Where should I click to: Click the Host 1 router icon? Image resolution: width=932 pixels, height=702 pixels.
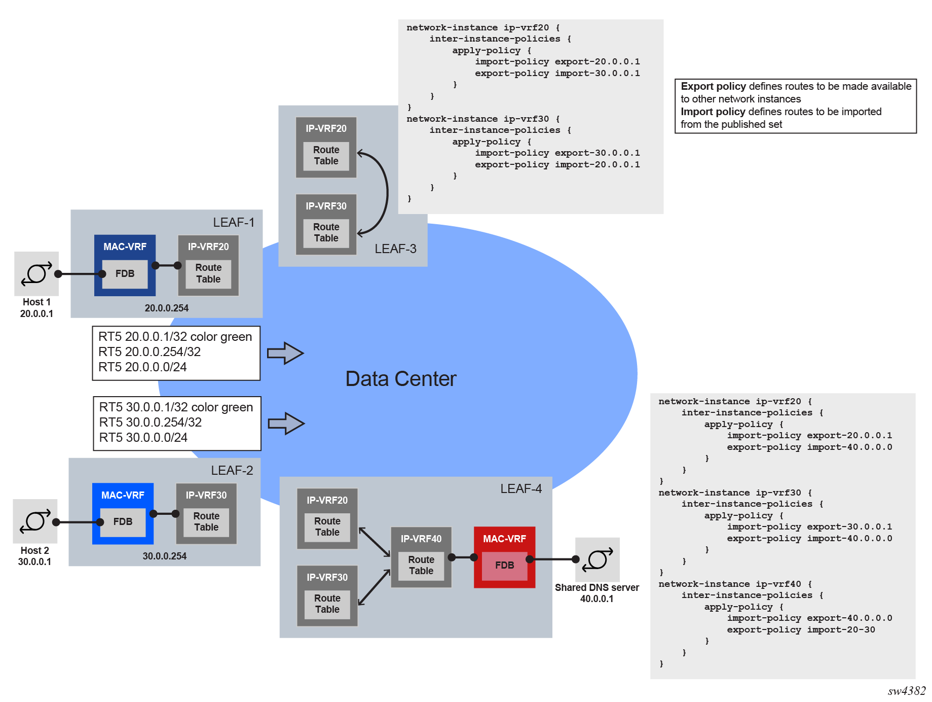(36, 273)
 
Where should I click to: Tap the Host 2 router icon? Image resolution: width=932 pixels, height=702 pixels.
(35, 521)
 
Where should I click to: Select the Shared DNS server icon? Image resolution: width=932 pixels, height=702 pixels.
(598, 559)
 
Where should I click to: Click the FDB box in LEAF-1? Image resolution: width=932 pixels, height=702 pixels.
(125, 274)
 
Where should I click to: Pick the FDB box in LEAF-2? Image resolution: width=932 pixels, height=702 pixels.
(123, 522)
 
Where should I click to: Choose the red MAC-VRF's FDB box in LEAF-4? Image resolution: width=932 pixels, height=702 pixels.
(504, 566)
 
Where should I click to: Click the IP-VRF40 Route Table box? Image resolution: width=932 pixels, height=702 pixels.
(421, 566)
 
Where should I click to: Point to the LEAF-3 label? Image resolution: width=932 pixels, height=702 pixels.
(395, 249)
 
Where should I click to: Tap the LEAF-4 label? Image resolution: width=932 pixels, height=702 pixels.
(520, 488)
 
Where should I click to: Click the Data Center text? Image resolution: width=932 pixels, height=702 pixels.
(400, 379)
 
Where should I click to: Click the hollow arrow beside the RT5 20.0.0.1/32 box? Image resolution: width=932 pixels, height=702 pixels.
(285, 353)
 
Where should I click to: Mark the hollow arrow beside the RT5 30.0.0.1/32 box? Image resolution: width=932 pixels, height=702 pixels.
(286, 424)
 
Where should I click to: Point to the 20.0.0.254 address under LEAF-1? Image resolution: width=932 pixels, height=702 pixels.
(166, 308)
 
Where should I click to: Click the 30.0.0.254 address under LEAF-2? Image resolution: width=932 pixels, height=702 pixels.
(164, 556)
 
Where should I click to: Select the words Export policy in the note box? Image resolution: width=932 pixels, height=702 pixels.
(713, 86)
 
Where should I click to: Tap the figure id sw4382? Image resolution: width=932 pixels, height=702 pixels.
(906, 691)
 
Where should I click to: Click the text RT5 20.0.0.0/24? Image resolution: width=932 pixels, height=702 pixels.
(142, 367)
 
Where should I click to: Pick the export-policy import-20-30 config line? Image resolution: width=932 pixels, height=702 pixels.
(801, 630)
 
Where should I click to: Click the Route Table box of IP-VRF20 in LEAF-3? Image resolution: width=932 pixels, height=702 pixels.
(326, 156)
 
